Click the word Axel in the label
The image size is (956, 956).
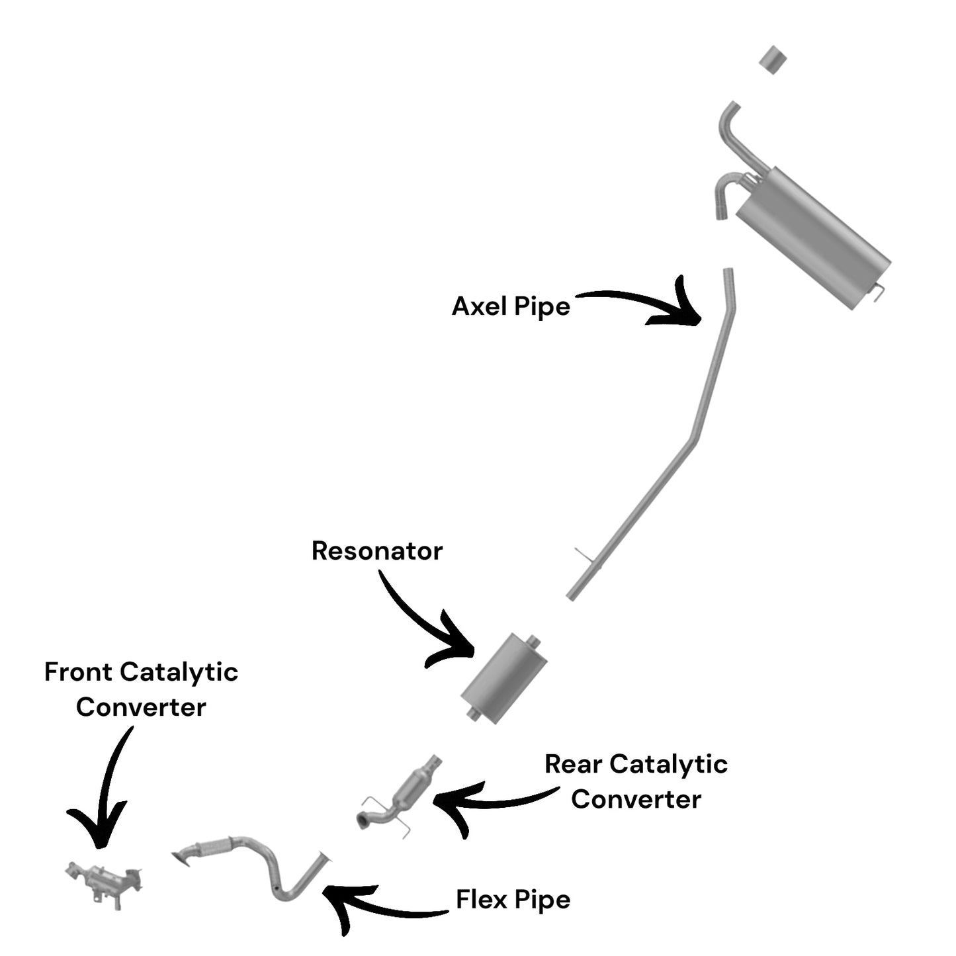coord(480,306)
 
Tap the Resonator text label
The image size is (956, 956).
coord(377,551)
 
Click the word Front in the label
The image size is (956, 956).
coord(78,672)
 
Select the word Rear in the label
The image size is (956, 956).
coord(573,764)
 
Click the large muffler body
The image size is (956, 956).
coord(814,238)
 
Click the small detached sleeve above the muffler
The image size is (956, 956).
coord(773,60)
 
